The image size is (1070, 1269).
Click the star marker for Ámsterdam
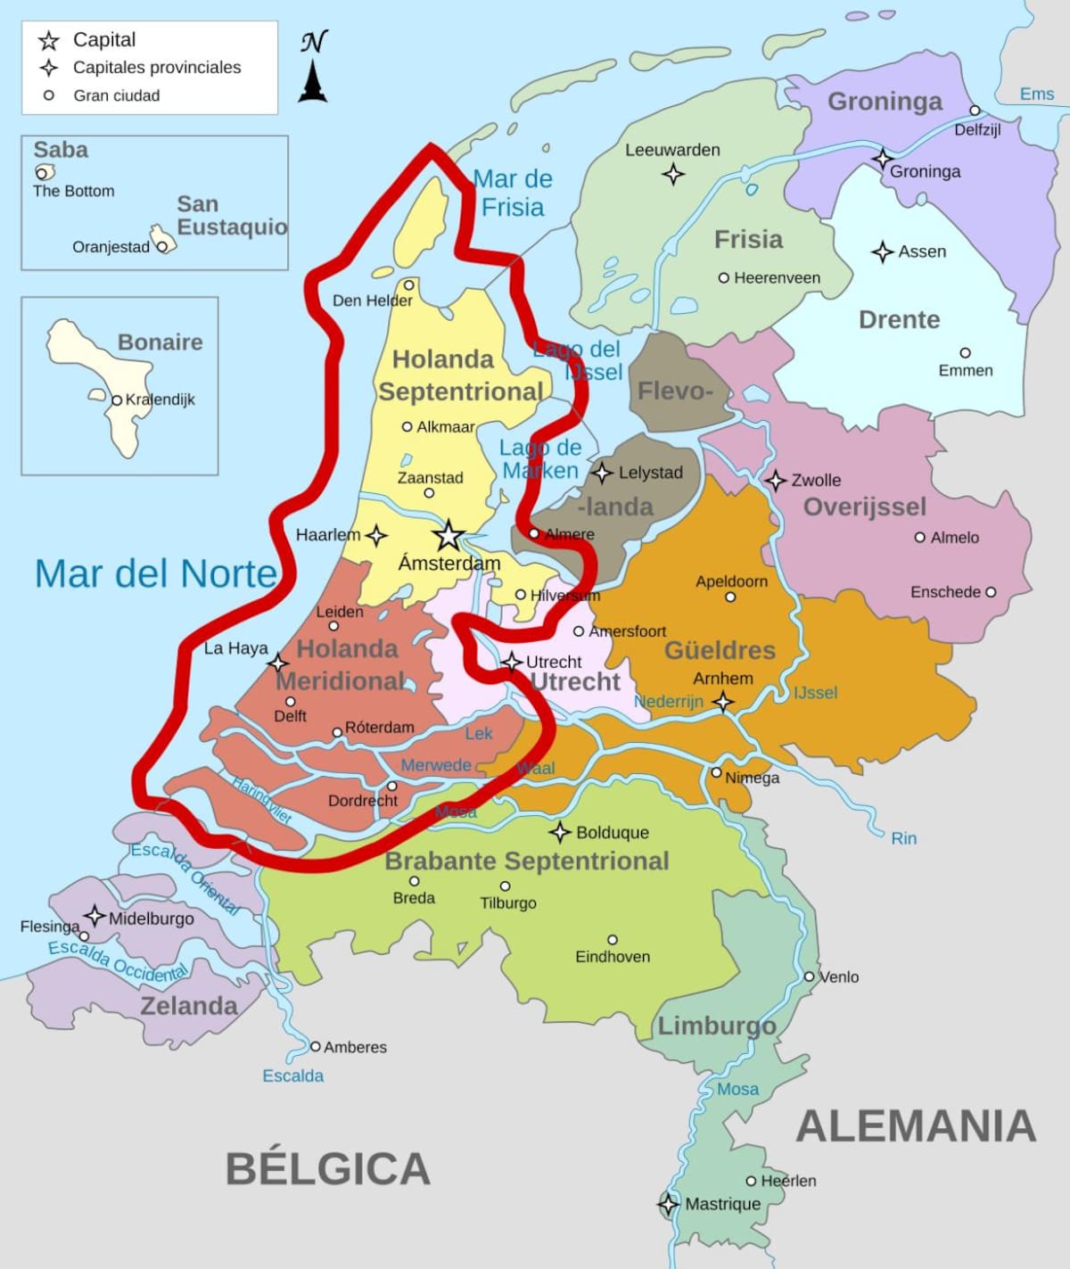449,536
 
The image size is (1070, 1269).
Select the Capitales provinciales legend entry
156,67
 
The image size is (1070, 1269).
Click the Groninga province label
885,101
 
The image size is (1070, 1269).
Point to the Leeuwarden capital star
673,173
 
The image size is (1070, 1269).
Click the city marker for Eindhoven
613,940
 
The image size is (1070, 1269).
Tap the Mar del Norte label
156,573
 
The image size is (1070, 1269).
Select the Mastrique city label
722,1204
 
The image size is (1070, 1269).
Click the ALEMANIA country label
916,1125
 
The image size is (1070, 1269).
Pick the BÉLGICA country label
327,1168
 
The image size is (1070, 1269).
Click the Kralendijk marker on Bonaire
117,400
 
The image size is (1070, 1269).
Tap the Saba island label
61,149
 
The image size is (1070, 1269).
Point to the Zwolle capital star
776,481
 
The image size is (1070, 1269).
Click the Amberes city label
355,1047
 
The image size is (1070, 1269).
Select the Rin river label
903,838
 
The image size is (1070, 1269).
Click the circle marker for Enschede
991,592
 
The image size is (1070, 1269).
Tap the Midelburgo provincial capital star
95,916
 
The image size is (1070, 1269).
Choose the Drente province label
899,319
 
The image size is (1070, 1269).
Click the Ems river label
1037,94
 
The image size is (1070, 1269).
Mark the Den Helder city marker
408,285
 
